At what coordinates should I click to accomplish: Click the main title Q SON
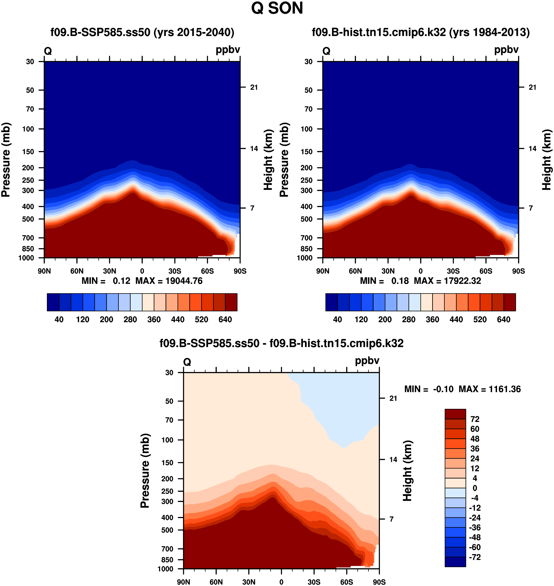277,8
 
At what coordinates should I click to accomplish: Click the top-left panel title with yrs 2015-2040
142,32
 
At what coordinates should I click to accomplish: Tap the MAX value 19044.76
184,281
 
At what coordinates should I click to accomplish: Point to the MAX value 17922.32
462,281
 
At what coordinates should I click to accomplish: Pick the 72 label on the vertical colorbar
475,419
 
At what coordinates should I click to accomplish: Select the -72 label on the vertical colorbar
475,557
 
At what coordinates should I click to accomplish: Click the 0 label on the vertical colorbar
475,488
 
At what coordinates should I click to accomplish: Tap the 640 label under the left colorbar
225,319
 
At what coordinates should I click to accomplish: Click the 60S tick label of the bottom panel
347,582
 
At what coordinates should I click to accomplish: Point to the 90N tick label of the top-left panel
44,271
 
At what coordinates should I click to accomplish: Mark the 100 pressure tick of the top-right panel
306,129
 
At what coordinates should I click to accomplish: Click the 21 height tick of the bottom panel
393,398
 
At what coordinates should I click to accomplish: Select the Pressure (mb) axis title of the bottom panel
145,471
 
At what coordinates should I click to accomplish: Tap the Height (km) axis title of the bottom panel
408,471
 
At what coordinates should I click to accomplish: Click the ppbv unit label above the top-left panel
228,50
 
